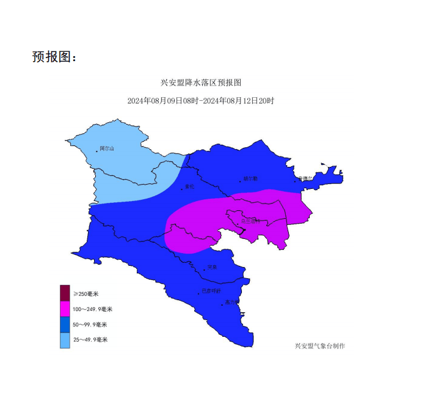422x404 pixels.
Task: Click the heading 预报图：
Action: pos(55,57)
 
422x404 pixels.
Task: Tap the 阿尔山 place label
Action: pos(107,149)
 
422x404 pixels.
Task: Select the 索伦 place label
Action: pos(189,187)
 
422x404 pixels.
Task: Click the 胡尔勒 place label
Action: pos(250,178)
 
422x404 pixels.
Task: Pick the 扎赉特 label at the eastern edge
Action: pos(306,178)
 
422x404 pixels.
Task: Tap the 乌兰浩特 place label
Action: pos(250,221)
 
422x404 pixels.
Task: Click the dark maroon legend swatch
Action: pos(65,293)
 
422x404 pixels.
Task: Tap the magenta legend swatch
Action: pos(65,309)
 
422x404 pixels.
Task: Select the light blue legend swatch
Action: pos(65,340)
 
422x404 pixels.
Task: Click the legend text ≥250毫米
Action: pos(86,294)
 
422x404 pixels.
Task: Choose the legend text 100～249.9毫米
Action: pos(93,309)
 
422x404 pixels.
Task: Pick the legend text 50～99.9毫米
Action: pos(90,325)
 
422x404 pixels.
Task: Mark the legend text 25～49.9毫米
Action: pos(90,340)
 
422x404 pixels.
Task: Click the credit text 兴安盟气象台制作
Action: pos(320,346)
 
